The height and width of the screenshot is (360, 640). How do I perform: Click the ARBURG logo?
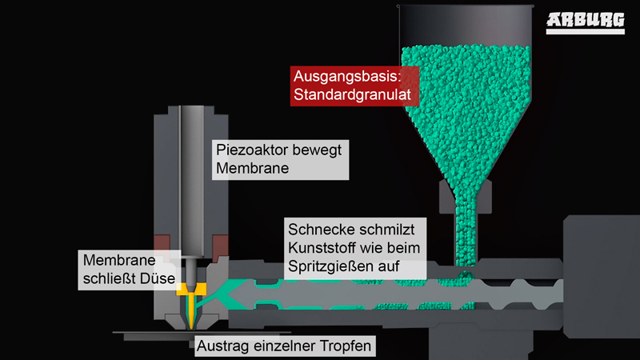click(586, 23)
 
